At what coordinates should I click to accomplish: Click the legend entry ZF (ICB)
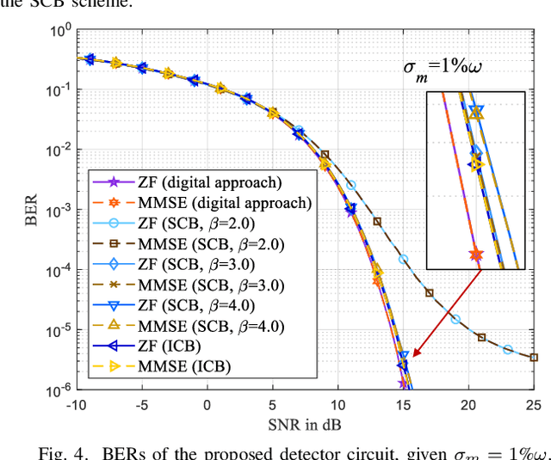click(x=171, y=347)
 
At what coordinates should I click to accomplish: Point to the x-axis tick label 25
click(x=533, y=405)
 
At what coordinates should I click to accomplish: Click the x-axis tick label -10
click(x=77, y=405)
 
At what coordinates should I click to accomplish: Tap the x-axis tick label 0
click(x=207, y=405)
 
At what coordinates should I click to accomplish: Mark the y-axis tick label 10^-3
click(x=59, y=211)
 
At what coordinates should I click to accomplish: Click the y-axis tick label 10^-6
click(x=59, y=391)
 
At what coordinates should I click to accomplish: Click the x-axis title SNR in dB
click(x=306, y=424)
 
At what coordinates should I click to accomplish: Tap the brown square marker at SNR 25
click(x=534, y=357)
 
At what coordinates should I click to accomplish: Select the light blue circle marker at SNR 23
click(x=508, y=350)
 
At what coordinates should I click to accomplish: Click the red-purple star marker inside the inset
click(x=475, y=255)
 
